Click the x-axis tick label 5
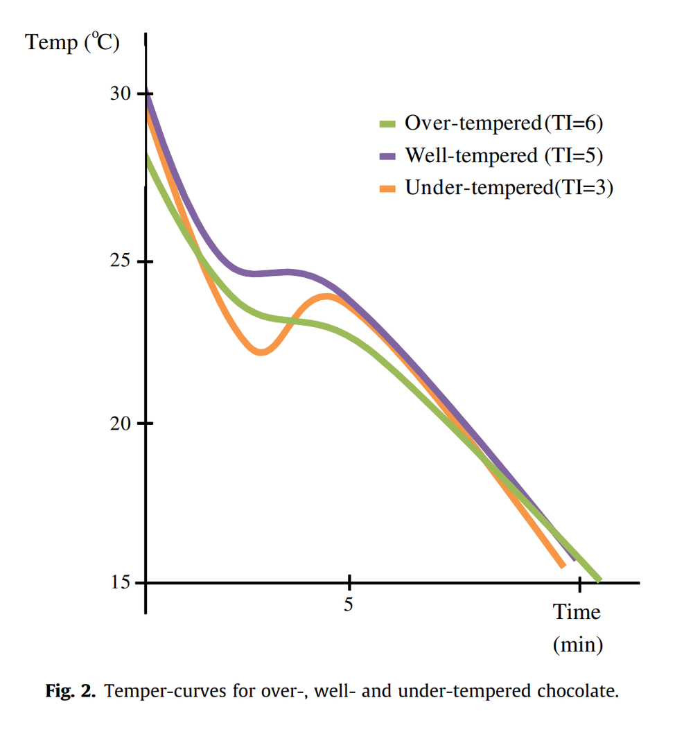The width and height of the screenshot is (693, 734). point(349,604)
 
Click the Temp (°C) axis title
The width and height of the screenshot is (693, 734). point(73,43)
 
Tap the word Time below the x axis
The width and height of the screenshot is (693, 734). point(577,613)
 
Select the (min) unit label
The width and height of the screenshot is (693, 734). point(578,645)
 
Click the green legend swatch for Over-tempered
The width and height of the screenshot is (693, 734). point(387,125)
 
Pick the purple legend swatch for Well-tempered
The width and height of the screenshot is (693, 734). point(387,157)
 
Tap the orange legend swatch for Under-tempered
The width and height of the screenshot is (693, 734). point(387,189)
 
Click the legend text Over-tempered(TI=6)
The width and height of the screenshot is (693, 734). point(505,124)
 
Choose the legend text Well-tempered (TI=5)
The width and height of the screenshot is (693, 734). point(504,156)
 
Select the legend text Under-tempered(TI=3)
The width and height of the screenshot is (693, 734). point(509,188)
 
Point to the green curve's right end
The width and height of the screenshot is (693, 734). point(598,578)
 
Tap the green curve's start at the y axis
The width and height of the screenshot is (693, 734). point(148,157)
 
